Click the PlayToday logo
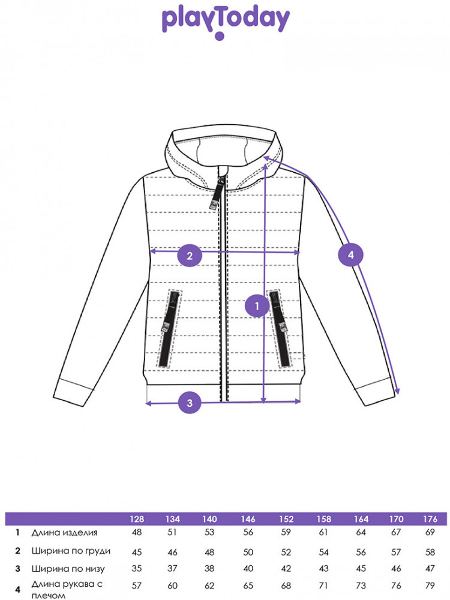point(226,23)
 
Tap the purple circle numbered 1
point(257,306)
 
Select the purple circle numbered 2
point(190,256)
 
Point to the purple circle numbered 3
point(190,403)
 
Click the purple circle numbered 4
point(350,255)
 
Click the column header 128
point(137,519)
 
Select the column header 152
point(286,519)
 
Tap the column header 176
point(430,519)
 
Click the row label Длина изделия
point(64,532)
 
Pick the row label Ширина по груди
point(71,551)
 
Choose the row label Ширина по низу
point(68,569)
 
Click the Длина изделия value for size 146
point(248,532)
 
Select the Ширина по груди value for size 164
point(361,552)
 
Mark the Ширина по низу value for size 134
point(172,569)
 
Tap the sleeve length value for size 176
point(430,586)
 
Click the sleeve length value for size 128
point(137,586)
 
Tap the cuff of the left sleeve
point(73,392)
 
